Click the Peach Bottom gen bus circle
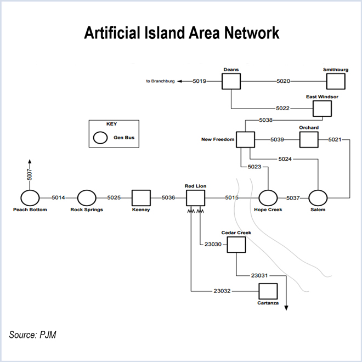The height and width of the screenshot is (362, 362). [30, 197]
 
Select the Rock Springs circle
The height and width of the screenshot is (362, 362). [86, 197]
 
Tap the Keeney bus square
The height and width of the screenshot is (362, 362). [141, 197]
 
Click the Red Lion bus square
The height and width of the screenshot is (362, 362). [195, 198]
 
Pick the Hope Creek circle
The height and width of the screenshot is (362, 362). [268, 197]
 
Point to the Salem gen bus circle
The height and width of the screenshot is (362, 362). [318, 197]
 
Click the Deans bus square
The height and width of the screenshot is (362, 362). [231, 81]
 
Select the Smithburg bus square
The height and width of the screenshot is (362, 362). [336, 81]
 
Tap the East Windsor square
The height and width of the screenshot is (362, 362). [322, 108]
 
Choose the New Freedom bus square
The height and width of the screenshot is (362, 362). [246, 140]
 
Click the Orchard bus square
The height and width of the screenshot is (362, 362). [308, 140]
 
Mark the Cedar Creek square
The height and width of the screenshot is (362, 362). [236, 244]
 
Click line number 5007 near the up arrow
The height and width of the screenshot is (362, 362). [30, 175]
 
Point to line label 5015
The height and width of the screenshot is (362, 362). [232, 197]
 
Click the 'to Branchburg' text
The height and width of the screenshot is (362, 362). [160, 81]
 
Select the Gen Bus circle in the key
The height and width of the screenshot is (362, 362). [100, 138]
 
